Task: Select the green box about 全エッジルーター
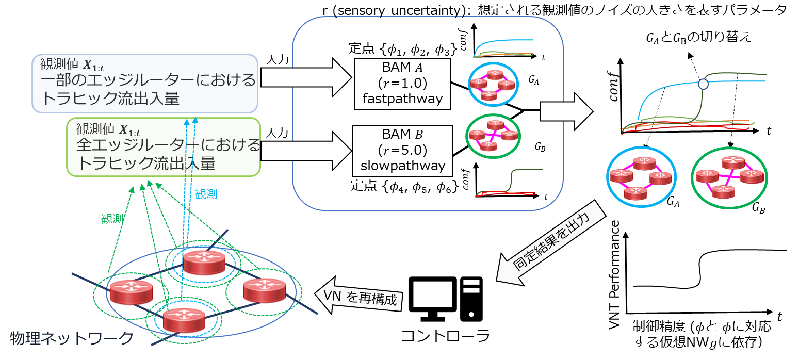(164, 147)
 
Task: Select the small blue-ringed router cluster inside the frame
(493, 84)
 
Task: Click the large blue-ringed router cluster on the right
(641, 177)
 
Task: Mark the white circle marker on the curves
(703, 84)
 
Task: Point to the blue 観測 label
(206, 194)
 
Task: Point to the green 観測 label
(112, 218)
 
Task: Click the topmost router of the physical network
(204, 262)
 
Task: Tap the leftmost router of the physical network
(132, 292)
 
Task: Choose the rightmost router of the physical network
(265, 290)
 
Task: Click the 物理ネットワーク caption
(72, 338)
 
